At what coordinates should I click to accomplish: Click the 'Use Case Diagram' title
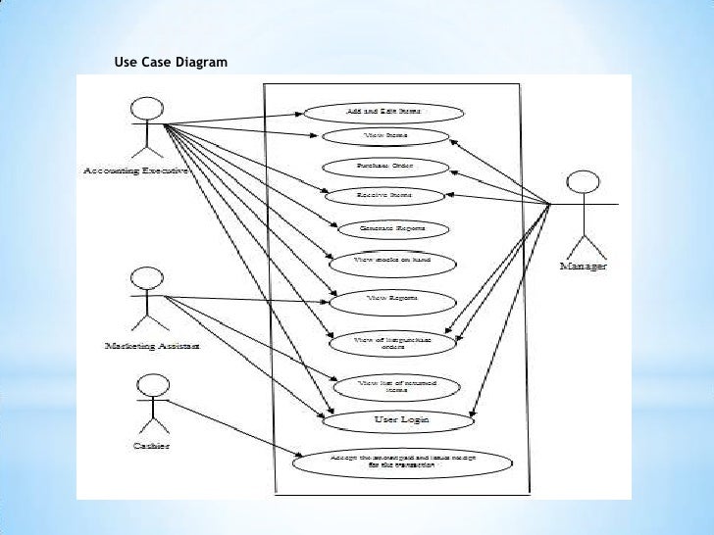(x=170, y=63)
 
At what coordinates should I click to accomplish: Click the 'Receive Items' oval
(x=384, y=196)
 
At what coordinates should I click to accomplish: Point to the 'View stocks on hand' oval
(x=391, y=262)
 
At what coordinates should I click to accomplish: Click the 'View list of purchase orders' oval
(x=391, y=341)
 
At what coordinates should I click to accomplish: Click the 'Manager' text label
(x=583, y=267)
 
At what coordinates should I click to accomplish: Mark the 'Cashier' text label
(x=151, y=446)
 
